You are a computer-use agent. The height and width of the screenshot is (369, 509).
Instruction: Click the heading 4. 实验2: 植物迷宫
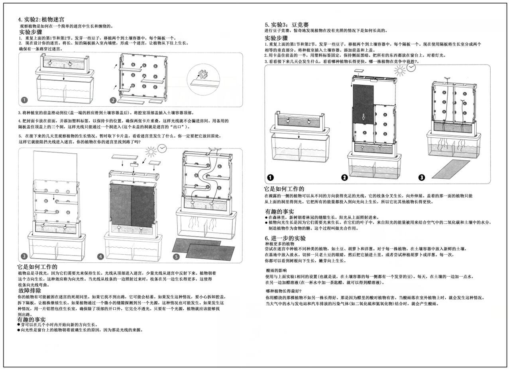[41, 19]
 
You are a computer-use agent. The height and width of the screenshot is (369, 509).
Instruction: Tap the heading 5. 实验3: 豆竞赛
[287, 24]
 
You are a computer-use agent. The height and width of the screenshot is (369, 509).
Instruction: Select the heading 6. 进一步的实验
[285, 238]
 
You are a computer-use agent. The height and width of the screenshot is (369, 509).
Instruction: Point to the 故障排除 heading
[29, 291]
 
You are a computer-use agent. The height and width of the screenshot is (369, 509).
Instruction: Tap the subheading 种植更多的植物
[279, 243]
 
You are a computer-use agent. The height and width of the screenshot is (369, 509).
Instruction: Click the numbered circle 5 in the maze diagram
[177, 257]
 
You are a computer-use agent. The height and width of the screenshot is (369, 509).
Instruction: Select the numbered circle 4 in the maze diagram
[101, 257]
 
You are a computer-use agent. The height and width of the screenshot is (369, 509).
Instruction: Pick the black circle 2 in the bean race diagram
[345, 178]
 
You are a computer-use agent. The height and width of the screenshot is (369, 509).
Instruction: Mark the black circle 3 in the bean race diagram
[422, 178]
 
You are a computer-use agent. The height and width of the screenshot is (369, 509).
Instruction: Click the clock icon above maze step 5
[162, 148]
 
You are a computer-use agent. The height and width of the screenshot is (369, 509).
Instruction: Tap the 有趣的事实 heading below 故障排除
[31, 319]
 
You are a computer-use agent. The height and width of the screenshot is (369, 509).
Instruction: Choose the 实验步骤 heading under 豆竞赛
[277, 38]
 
